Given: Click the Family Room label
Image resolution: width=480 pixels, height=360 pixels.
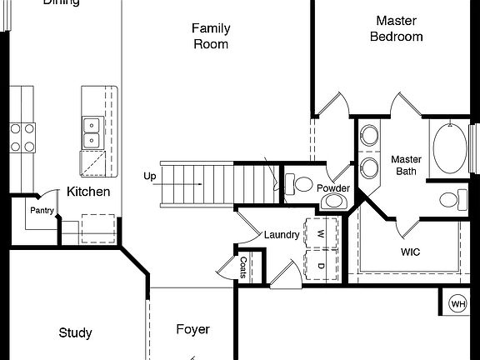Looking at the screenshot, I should tap(210, 36).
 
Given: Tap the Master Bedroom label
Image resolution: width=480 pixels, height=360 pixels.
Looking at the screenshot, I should tap(396, 28).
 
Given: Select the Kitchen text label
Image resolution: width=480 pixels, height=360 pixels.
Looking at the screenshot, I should tap(88, 192).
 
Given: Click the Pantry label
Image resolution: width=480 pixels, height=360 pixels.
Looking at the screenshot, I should tap(42, 211).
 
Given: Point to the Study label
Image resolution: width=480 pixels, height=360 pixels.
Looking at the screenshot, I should tap(75, 333).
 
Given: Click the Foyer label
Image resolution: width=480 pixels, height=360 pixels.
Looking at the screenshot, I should tap(192, 329).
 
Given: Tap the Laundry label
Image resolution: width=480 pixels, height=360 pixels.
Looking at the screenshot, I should tap(281, 235).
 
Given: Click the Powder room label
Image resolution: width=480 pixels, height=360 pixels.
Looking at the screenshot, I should tap(333, 188).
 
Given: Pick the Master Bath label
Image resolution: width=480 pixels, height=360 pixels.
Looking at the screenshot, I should tap(406, 165).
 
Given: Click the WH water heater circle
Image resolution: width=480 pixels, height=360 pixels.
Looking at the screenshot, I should tap(458, 304).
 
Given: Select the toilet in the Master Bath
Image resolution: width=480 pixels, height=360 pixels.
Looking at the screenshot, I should tap(450, 200).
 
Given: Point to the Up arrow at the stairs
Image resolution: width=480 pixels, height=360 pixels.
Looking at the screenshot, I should tap(150, 177).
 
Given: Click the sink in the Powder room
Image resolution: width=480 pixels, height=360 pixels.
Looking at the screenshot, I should tap(333, 201).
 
